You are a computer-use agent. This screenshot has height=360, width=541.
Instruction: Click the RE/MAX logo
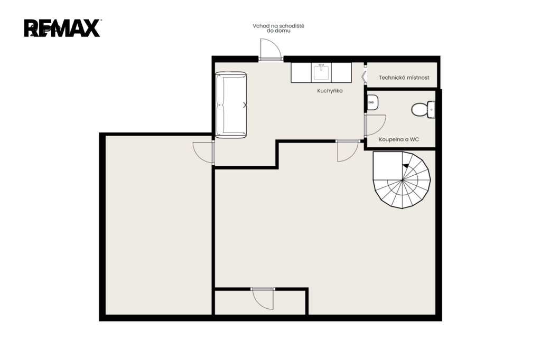[62, 28]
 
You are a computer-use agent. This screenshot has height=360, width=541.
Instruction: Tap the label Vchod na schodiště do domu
[278, 29]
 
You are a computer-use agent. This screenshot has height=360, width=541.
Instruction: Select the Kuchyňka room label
[330, 91]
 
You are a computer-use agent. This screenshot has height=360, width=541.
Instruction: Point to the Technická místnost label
[404, 78]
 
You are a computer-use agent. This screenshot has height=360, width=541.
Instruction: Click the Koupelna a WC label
[399, 139]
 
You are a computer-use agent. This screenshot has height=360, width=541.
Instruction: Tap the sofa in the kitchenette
[231, 105]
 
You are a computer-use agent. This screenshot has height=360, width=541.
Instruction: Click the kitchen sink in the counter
[321, 72]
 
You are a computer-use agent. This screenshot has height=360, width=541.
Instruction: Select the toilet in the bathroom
[423, 109]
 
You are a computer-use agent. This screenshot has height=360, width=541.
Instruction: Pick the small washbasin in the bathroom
[372, 102]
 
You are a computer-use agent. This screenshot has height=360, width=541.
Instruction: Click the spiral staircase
[402, 180]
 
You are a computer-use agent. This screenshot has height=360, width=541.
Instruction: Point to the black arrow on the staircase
[406, 166]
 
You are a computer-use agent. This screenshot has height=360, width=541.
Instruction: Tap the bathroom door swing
[375, 125]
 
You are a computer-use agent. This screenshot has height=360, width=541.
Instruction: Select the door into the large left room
[204, 152]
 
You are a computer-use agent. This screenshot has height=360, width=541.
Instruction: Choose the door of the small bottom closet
[263, 299]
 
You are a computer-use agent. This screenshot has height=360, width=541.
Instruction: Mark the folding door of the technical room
[364, 77]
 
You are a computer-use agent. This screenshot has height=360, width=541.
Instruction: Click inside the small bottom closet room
[260, 303]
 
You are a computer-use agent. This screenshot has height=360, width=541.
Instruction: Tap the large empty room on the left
[158, 225]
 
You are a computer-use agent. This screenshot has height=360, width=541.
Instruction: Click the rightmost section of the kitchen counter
[342, 72]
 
